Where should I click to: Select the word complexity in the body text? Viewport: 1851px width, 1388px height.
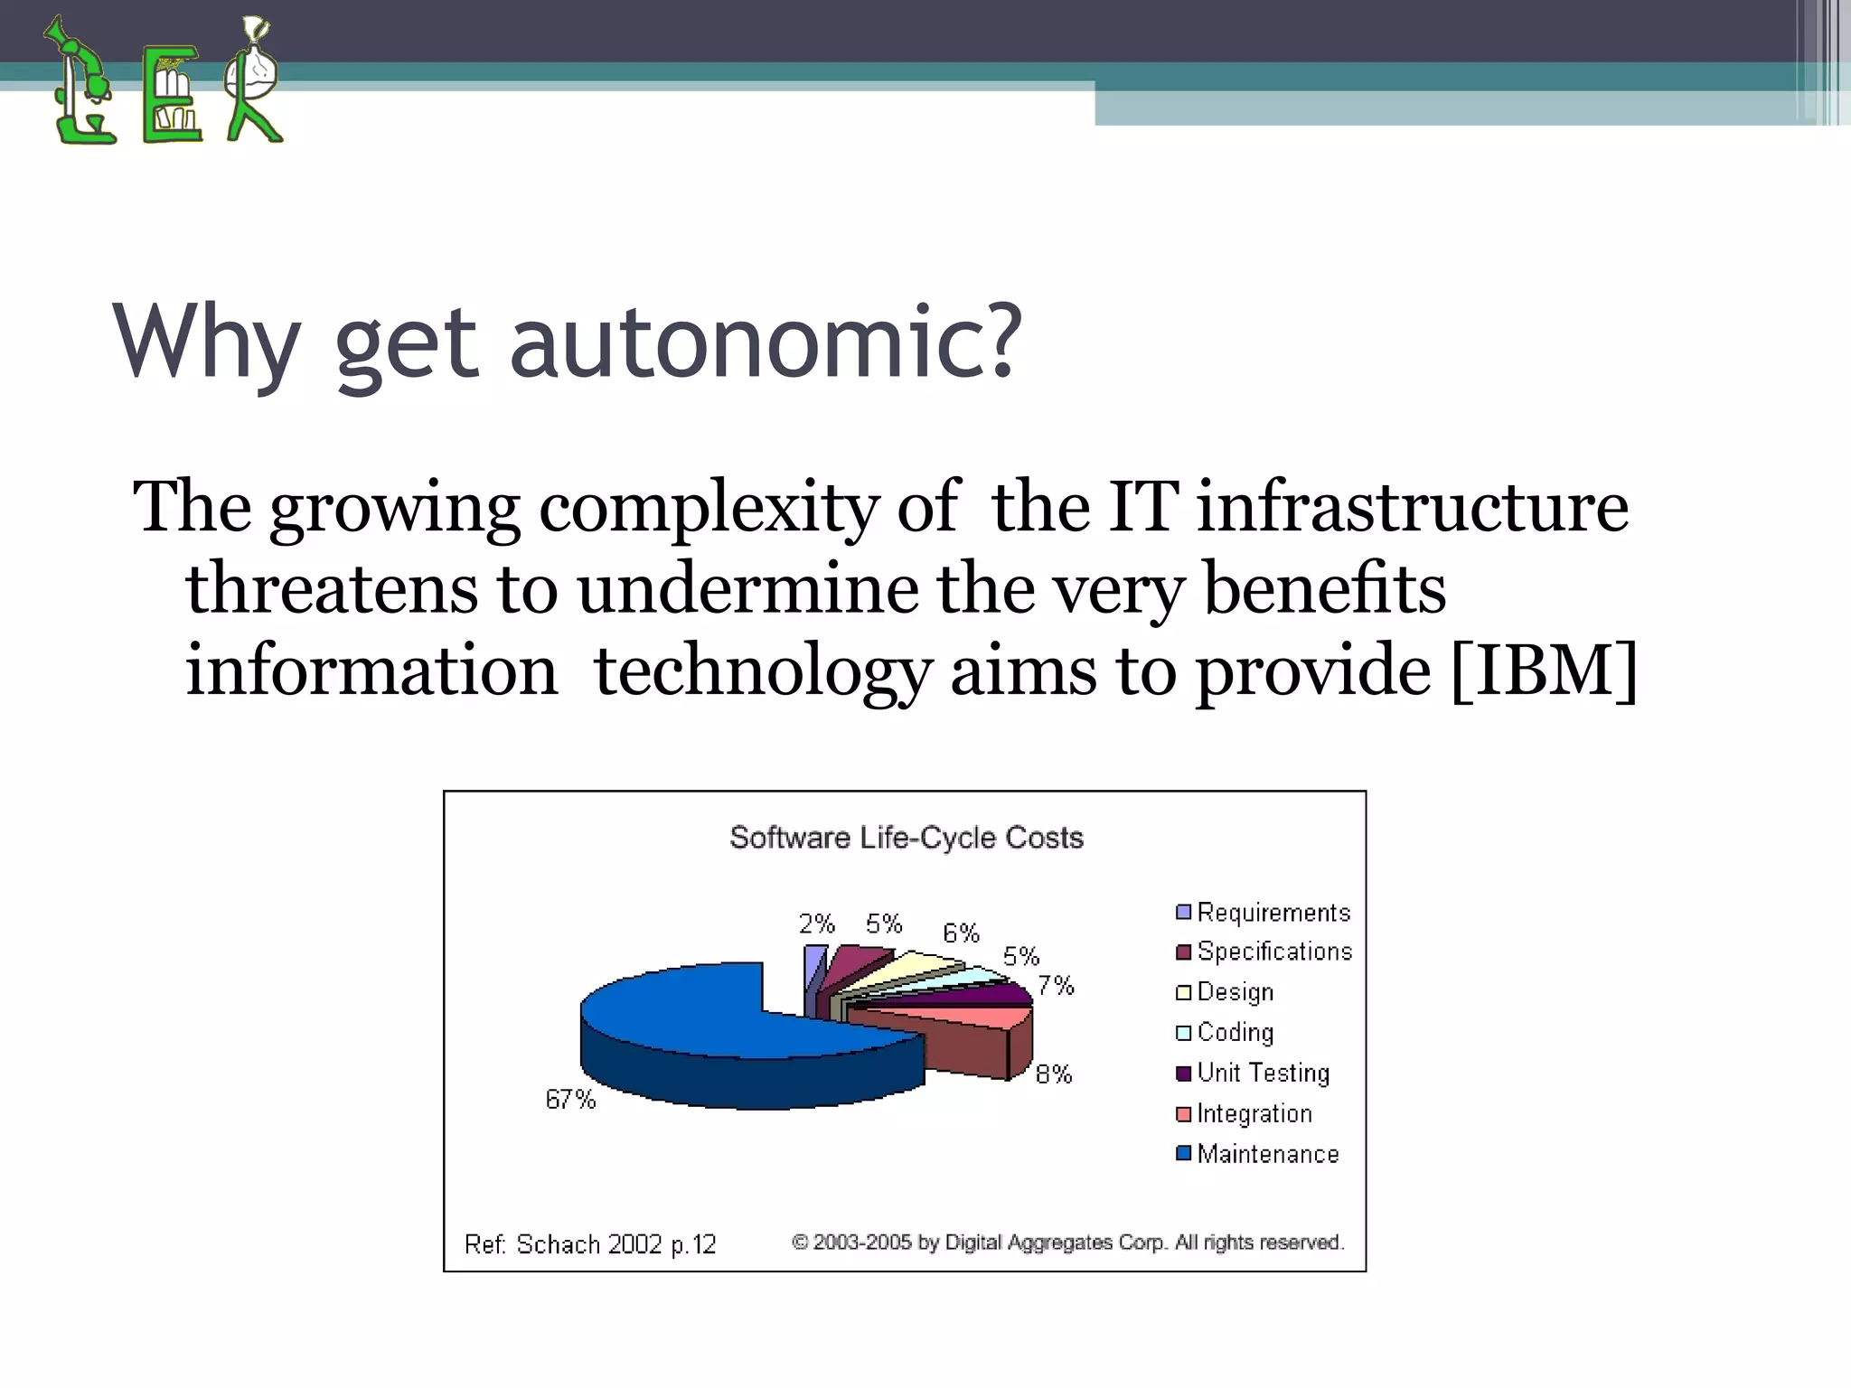pos(708,508)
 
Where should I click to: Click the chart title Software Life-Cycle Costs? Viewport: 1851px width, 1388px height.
pos(906,838)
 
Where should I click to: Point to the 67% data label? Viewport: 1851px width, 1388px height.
pos(570,1100)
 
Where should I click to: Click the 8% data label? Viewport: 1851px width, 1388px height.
pos(1054,1074)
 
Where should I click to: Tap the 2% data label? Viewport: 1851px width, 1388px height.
pos(816,924)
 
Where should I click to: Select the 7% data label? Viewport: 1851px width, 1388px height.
pos(1055,985)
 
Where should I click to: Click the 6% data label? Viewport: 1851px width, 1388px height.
pos(961,933)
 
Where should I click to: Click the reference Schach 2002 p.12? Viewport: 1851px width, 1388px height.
pos(590,1244)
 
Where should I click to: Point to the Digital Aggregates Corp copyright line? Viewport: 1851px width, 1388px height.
pos(1067,1243)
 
